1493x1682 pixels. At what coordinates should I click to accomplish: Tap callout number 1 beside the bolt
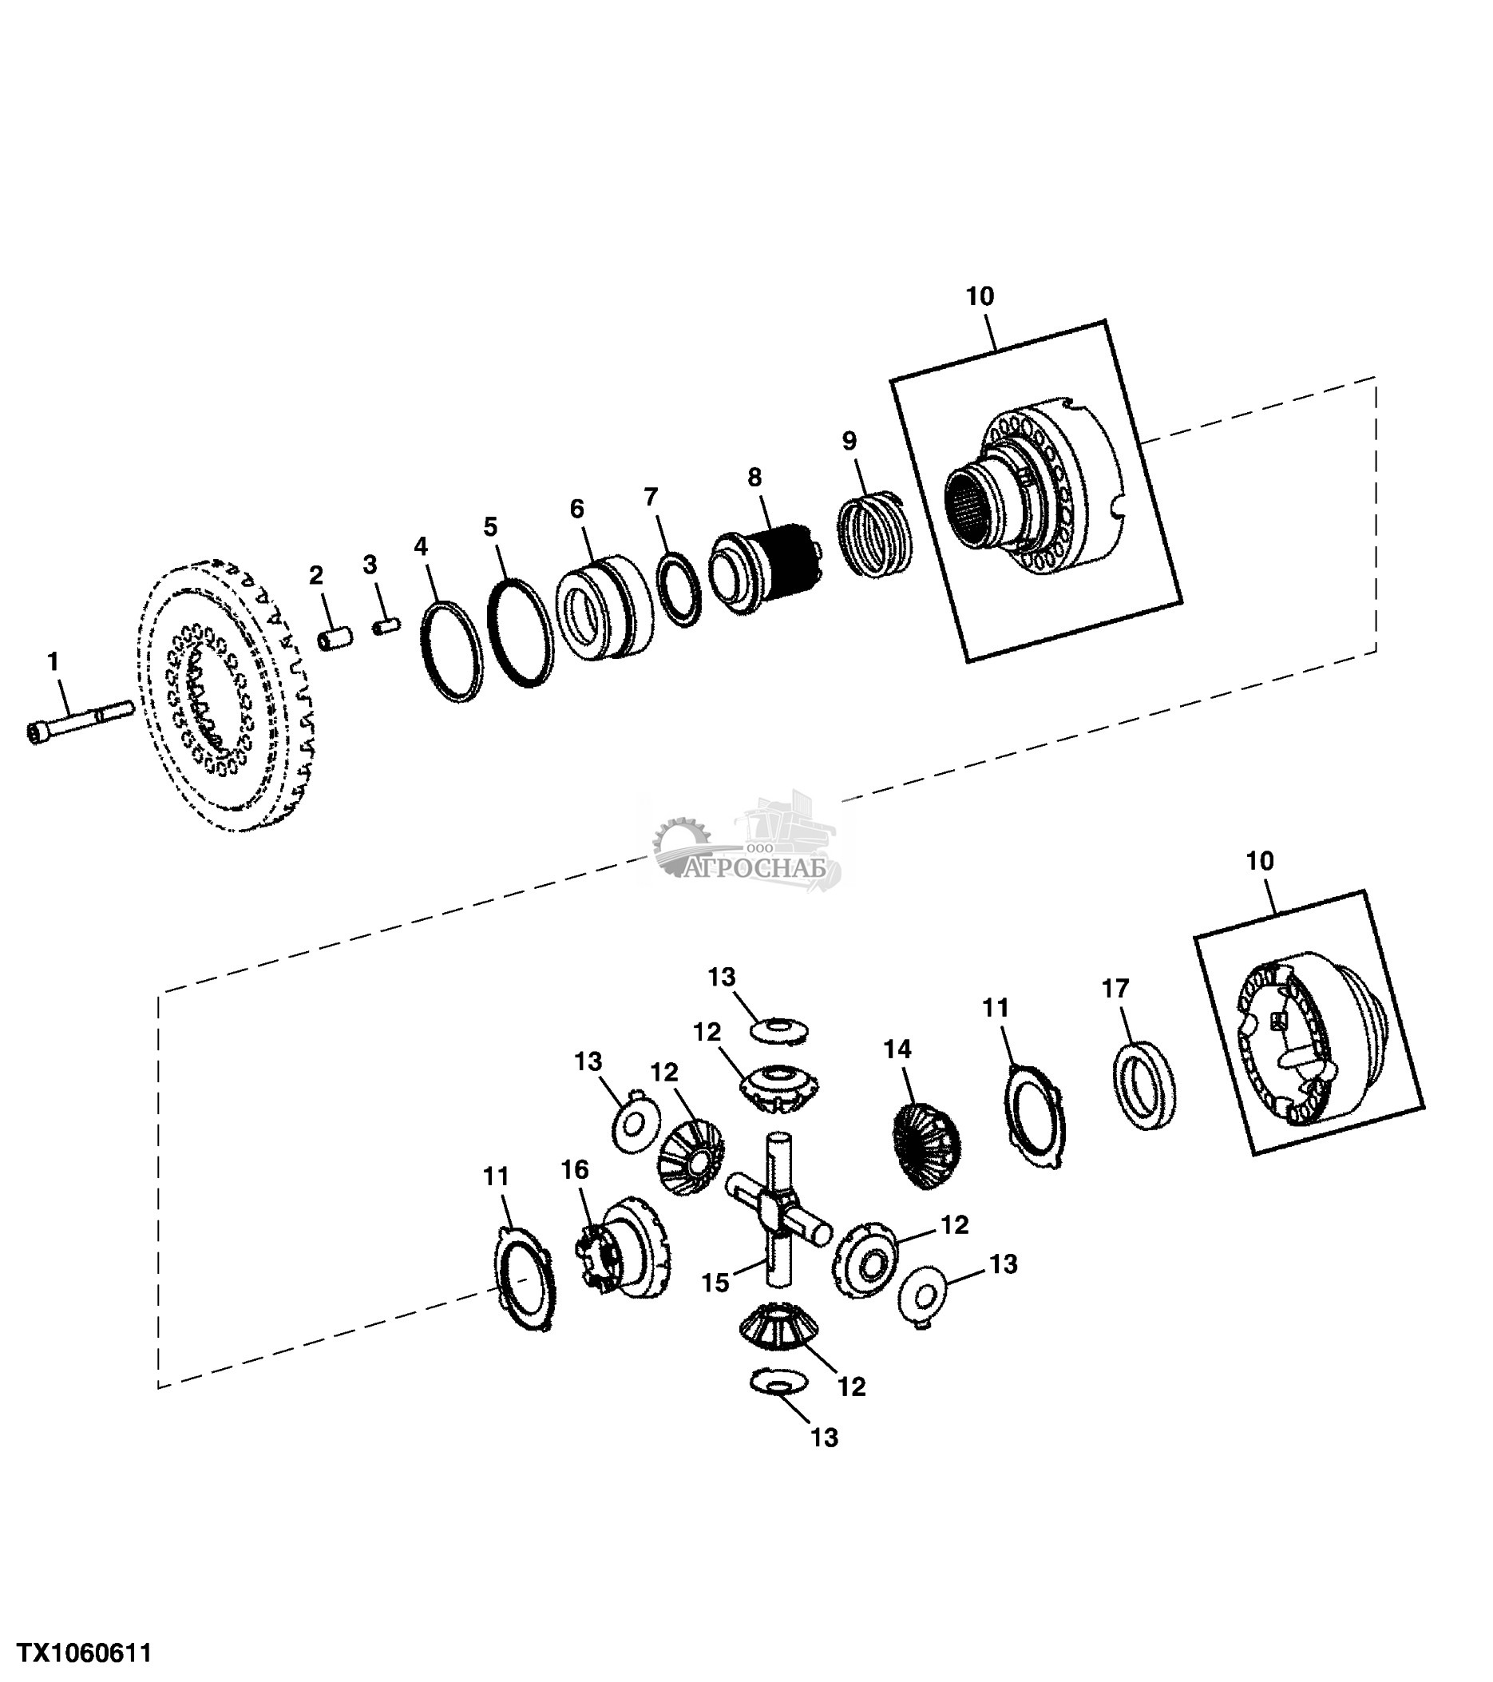53,661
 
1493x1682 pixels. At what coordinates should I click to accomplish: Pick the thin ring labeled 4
451,652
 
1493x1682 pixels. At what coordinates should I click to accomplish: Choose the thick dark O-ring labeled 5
519,631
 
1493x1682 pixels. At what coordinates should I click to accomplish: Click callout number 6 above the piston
576,510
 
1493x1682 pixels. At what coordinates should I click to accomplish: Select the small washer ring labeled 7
679,589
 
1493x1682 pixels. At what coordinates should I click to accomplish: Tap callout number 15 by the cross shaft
715,1283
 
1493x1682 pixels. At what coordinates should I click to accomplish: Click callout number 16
575,1169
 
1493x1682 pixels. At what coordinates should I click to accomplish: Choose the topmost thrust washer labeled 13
778,1029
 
